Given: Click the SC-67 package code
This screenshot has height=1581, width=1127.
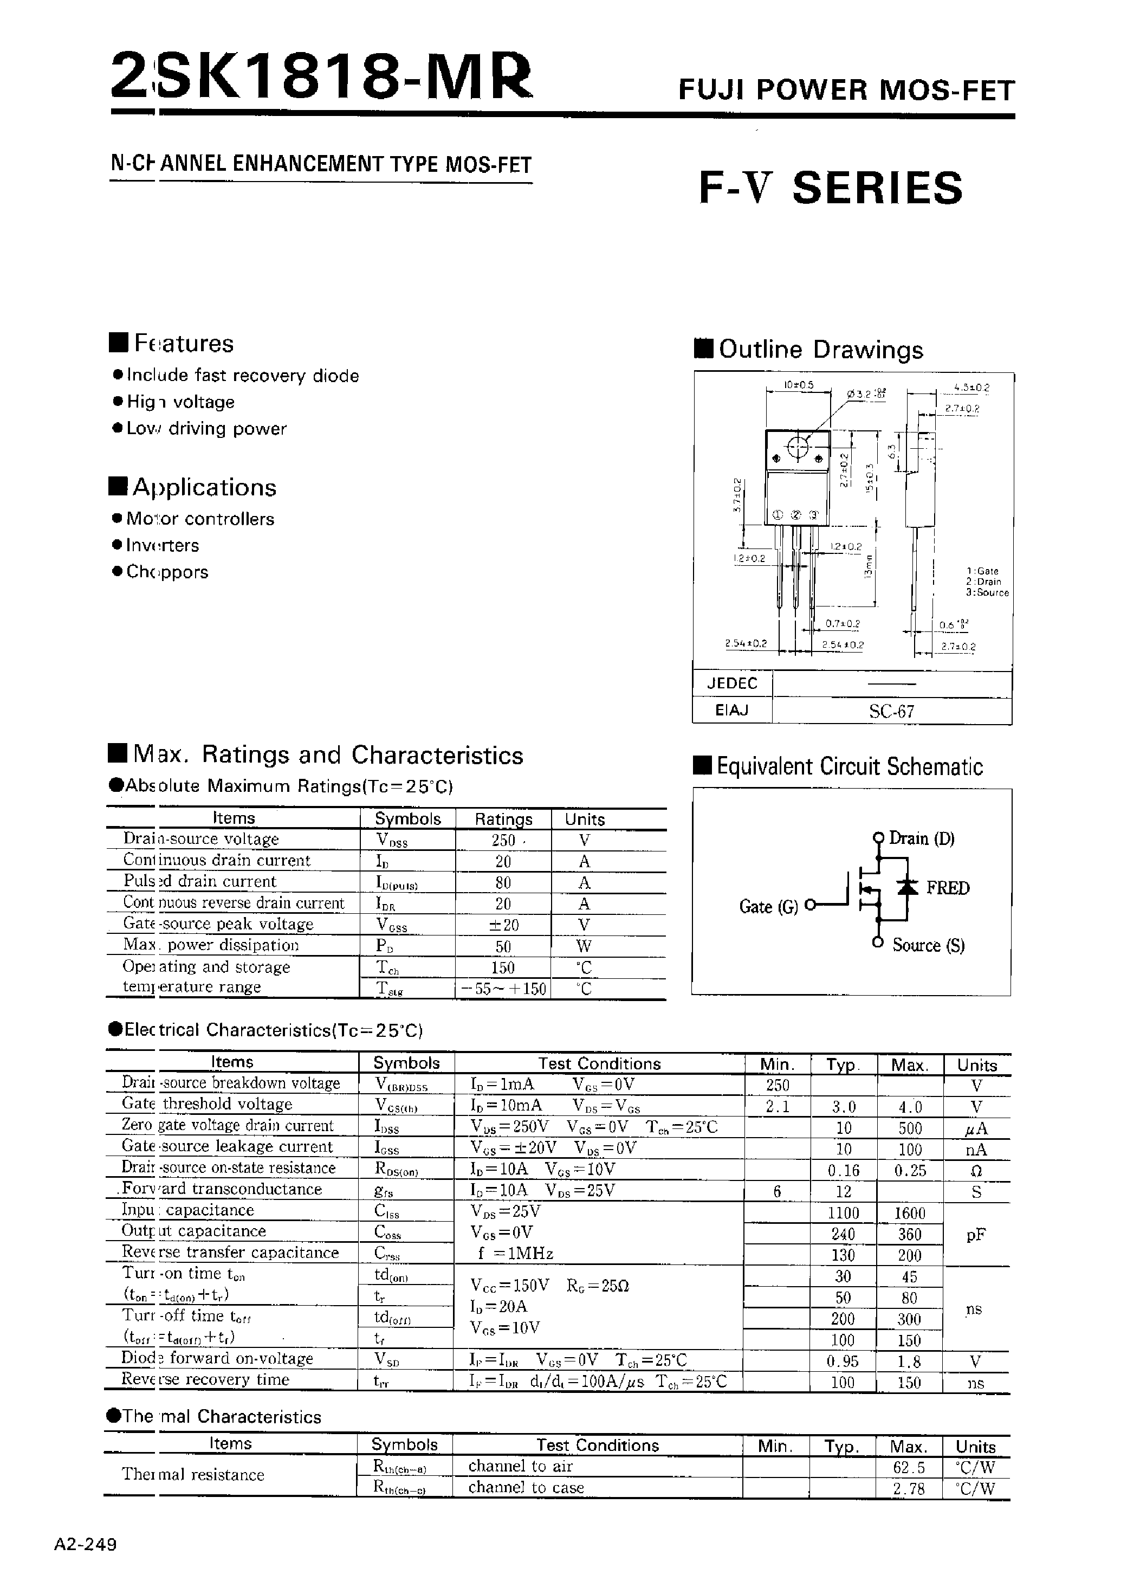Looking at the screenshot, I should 892,712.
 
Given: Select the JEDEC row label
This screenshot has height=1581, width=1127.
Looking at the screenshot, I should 732,683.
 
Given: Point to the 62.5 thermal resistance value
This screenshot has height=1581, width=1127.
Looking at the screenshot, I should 909,1468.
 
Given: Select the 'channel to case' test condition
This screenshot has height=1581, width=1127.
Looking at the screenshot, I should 526,1487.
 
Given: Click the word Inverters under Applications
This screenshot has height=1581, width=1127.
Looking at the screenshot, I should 163,545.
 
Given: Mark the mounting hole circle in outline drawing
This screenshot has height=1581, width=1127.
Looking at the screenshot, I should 798,448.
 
